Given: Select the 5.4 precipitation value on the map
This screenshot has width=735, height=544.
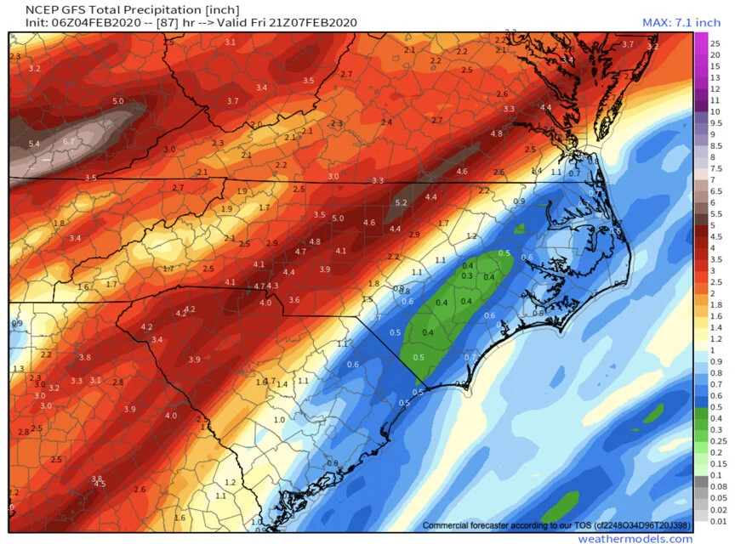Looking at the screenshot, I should [34, 144].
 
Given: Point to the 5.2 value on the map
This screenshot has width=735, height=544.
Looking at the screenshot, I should [402, 203].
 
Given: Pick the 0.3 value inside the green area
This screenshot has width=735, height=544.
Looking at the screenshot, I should [466, 275].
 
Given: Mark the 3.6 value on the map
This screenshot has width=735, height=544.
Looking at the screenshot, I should [294, 300].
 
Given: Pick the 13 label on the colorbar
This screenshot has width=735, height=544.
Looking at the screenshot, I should [715, 77].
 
